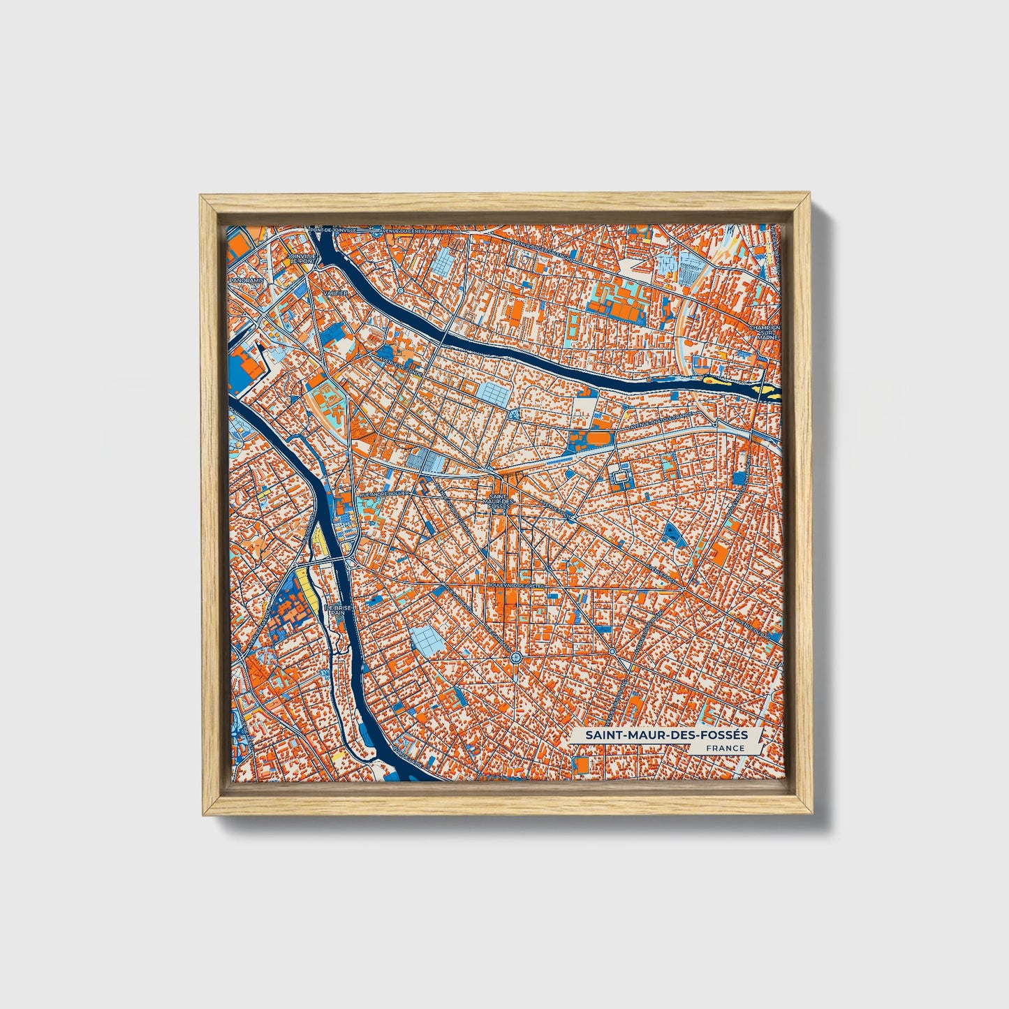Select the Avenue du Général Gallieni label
click(415, 230)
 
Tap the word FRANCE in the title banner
click(725, 749)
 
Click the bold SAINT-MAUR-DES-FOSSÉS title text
click(666, 735)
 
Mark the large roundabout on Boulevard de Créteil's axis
click(515, 657)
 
